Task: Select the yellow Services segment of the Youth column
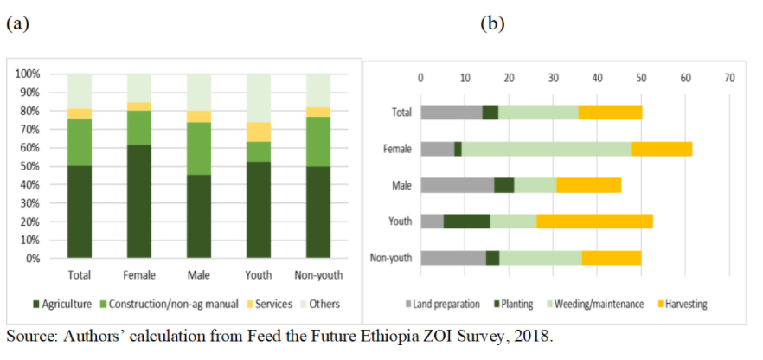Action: click(x=259, y=132)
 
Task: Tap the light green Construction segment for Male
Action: click(x=199, y=148)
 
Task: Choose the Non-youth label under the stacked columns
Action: click(x=318, y=275)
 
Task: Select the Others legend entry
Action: click(x=319, y=304)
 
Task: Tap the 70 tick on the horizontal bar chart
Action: click(x=729, y=78)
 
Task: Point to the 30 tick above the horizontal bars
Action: click(x=553, y=78)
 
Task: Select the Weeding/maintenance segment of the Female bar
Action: click(x=546, y=148)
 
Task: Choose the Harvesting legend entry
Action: click(x=683, y=304)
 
